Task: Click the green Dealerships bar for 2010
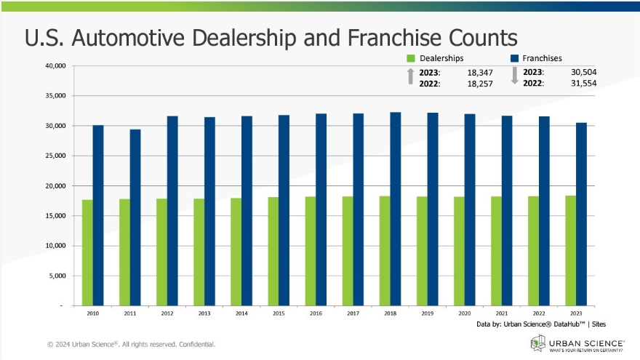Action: pyautogui.click(x=87, y=252)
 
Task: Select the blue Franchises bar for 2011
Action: pyautogui.click(x=135, y=217)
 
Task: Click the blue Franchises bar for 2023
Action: pyautogui.click(x=581, y=214)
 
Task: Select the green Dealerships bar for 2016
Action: pyautogui.click(x=310, y=251)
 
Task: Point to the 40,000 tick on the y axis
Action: pyautogui.click(x=55, y=66)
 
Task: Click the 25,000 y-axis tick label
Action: pyautogui.click(x=55, y=156)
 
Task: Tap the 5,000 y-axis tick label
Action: pyautogui.click(x=58, y=276)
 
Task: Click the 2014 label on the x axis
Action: pyautogui.click(x=241, y=314)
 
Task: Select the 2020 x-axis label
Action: pyautogui.click(x=463, y=314)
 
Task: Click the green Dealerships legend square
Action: pyautogui.click(x=411, y=58)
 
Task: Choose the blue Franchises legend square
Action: pyautogui.click(x=513, y=58)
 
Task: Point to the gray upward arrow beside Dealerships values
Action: pyautogui.click(x=411, y=75)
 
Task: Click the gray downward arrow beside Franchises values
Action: pyautogui.click(x=514, y=76)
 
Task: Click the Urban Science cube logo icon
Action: pyautogui.click(x=537, y=342)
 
